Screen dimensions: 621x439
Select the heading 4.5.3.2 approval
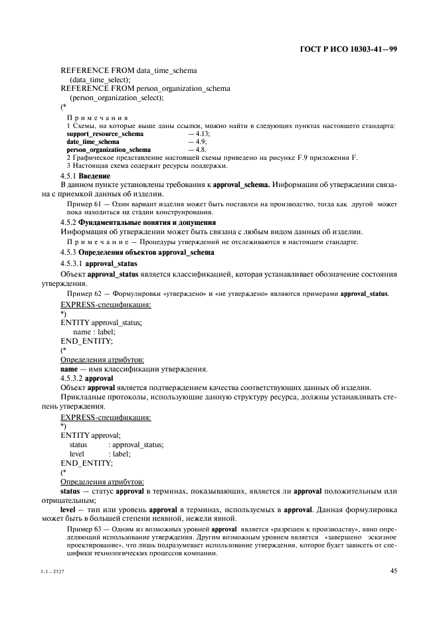(x=87, y=378)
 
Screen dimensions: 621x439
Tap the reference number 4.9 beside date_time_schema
(x=197, y=141)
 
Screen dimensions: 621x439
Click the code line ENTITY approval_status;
(x=101, y=322)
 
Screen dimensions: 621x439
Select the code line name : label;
(x=94, y=331)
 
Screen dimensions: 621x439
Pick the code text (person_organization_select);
(x=117, y=98)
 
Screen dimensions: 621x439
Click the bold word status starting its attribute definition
(x=70, y=490)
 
